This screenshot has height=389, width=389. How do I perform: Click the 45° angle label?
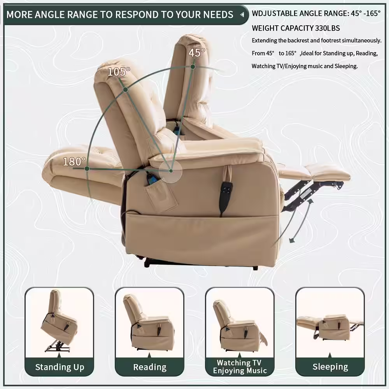pyautogui.click(x=197, y=53)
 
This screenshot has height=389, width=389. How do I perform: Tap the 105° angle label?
pyautogui.click(x=119, y=72)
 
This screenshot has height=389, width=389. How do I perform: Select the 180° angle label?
pyautogui.click(x=74, y=161)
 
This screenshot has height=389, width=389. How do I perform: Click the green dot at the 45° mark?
pyautogui.click(x=193, y=67)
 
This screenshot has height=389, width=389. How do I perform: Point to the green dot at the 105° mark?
pyautogui.click(x=126, y=89)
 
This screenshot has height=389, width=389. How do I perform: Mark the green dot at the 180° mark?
pyautogui.click(x=87, y=169)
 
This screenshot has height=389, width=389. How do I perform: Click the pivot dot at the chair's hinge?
pyautogui.click(x=171, y=171)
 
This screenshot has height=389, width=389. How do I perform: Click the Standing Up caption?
pyautogui.click(x=60, y=367)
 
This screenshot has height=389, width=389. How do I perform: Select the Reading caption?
pyautogui.click(x=150, y=367)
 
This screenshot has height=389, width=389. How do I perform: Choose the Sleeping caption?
pyautogui.click(x=330, y=367)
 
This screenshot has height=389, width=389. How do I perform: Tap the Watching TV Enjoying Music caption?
pyautogui.click(x=240, y=367)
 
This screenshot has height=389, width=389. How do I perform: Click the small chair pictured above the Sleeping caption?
pyautogui.click(x=330, y=328)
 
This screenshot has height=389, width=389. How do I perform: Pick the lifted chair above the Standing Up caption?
pyautogui.click(x=59, y=321)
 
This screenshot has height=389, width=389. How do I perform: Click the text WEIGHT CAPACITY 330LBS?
pyautogui.click(x=296, y=28)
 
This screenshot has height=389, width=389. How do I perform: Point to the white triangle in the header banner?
pyautogui.click(x=242, y=15)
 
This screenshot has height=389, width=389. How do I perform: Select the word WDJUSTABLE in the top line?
pyautogui.click(x=275, y=13)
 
